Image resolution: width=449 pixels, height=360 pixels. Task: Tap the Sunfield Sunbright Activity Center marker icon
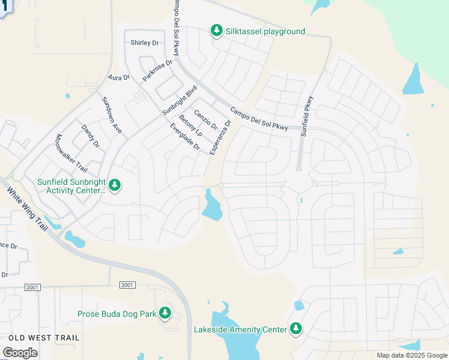point(114,185)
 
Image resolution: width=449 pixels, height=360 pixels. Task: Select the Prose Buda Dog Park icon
point(165,313)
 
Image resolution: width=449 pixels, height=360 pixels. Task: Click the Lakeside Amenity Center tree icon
point(295,328)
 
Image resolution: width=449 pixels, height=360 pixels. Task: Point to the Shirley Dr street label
point(144,43)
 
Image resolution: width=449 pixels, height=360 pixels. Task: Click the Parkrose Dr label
point(157,70)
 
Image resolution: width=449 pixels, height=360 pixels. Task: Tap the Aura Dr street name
point(119,78)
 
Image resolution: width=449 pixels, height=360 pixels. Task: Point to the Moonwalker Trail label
point(71,154)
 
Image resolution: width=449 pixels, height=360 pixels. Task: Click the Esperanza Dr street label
point(220,138)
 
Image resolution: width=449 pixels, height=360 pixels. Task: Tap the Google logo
point(20,352)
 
